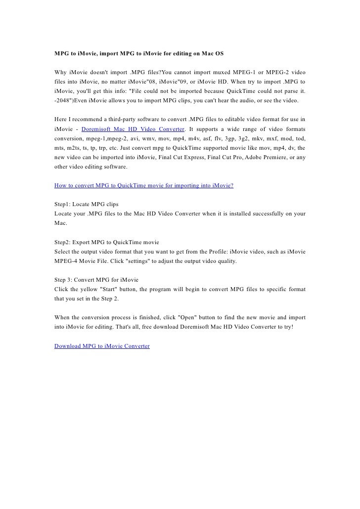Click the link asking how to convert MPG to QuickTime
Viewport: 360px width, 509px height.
143,185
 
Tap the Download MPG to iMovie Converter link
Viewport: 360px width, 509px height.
102,346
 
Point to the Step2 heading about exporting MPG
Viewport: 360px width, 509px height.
106,243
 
